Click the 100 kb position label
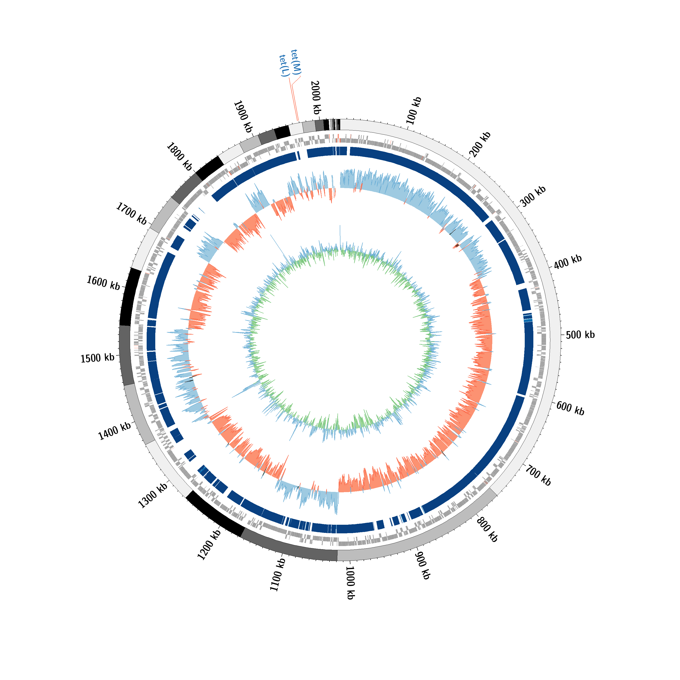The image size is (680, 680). pyautogui.click(x=414, y=111)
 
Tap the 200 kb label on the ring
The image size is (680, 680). pyautogui.click(x=480, y=144)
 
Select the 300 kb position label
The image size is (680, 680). pyautogui.click(x=533, y=196)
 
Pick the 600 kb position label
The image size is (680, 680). pyautogui.click(x=571, y=408)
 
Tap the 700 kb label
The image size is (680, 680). pyautogui.click(x=538, y=475)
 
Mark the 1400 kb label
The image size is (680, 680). pyautogui.click(x=114, y=431)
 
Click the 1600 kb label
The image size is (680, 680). pyautogui.click(x=104, y=283)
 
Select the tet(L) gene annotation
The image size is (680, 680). pyautogui.click(x=284, y=66)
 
